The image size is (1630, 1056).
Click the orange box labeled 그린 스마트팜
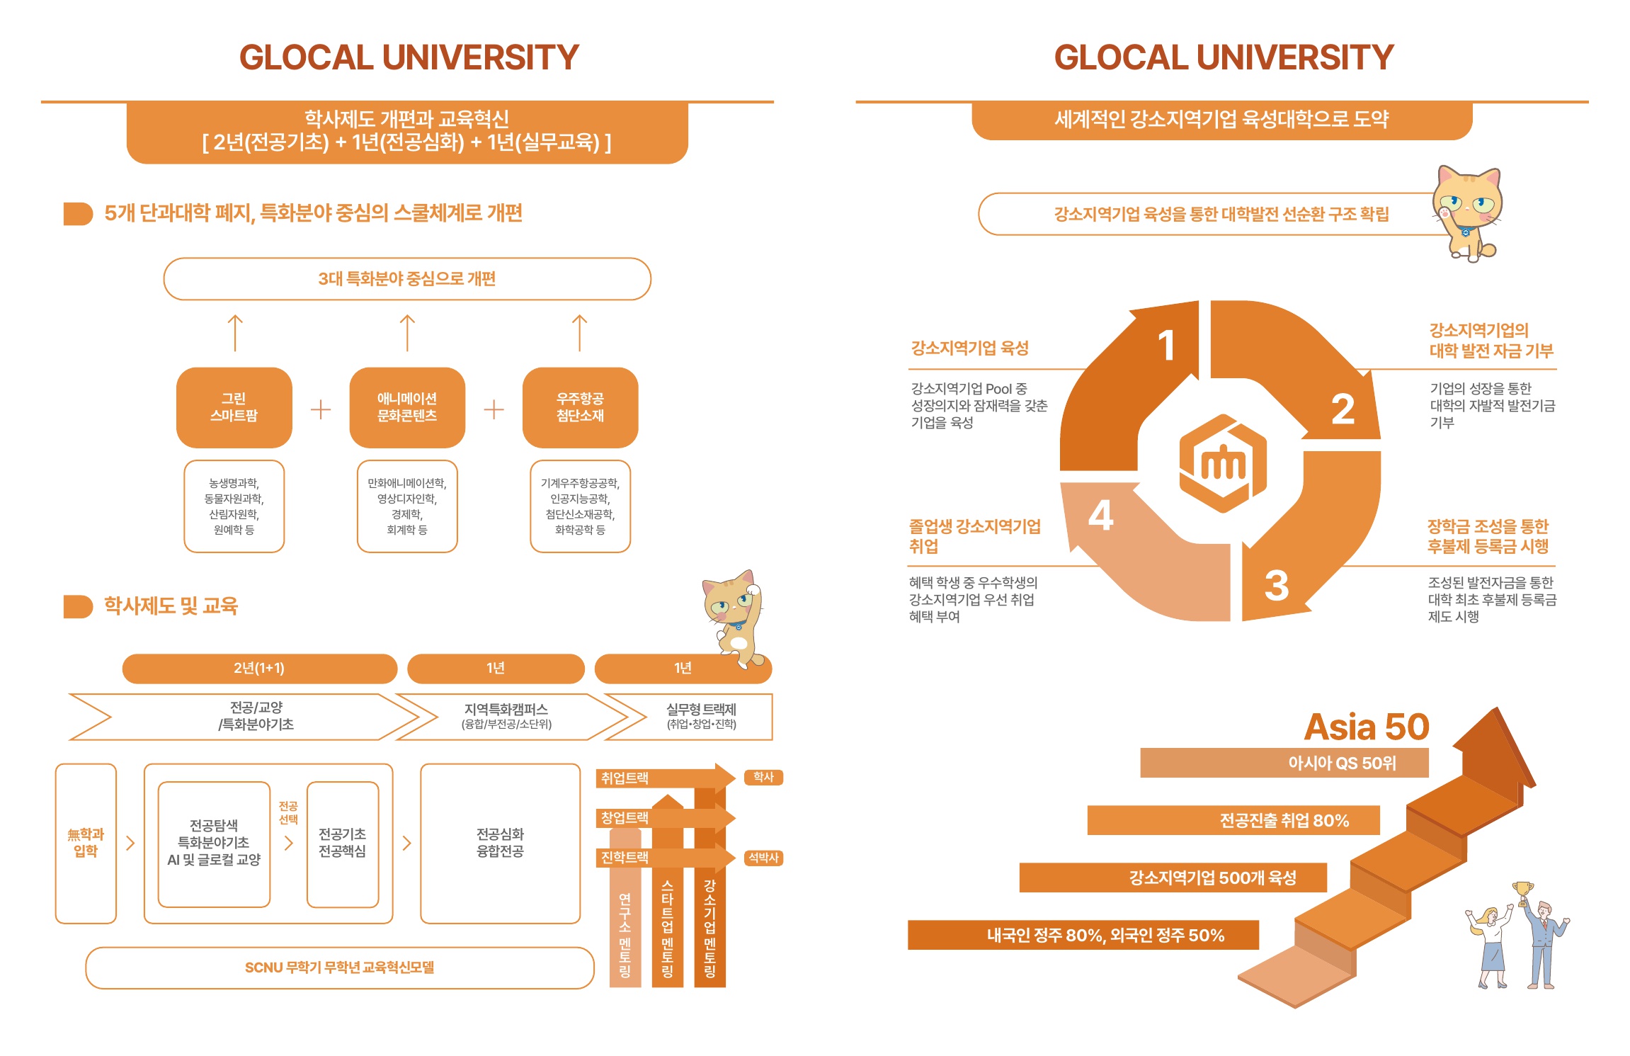pos(234,407)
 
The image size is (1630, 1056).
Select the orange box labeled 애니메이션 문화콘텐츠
pos(407,407)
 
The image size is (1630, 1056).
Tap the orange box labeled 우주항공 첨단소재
pos(580,407)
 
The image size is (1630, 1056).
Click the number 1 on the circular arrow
pos(1166,346)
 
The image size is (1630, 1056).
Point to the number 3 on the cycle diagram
pos(1277,586)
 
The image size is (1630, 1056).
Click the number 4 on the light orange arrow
pos(1101,515)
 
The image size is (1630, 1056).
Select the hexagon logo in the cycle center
pos(1223,463)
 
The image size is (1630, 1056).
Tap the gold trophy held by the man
pos(1522,892)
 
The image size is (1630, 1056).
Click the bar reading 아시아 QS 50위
pos(1284,763)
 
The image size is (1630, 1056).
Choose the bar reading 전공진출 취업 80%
pos(1233,820)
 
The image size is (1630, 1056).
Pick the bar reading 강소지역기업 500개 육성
pos(1173,878)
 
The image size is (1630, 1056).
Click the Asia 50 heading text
pos(1367,727)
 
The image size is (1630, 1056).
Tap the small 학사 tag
pos(763,777)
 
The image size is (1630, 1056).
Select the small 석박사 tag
pos(763,858)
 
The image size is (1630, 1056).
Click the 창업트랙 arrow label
pos(625,818)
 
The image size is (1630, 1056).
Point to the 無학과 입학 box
pos(86,843)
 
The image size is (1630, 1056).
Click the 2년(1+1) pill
pos(259,668)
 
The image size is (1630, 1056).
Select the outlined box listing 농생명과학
pos(234,506)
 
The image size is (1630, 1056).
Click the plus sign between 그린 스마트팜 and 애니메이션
pos(321,409)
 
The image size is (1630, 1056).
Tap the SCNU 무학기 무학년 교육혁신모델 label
pos(340,967)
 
